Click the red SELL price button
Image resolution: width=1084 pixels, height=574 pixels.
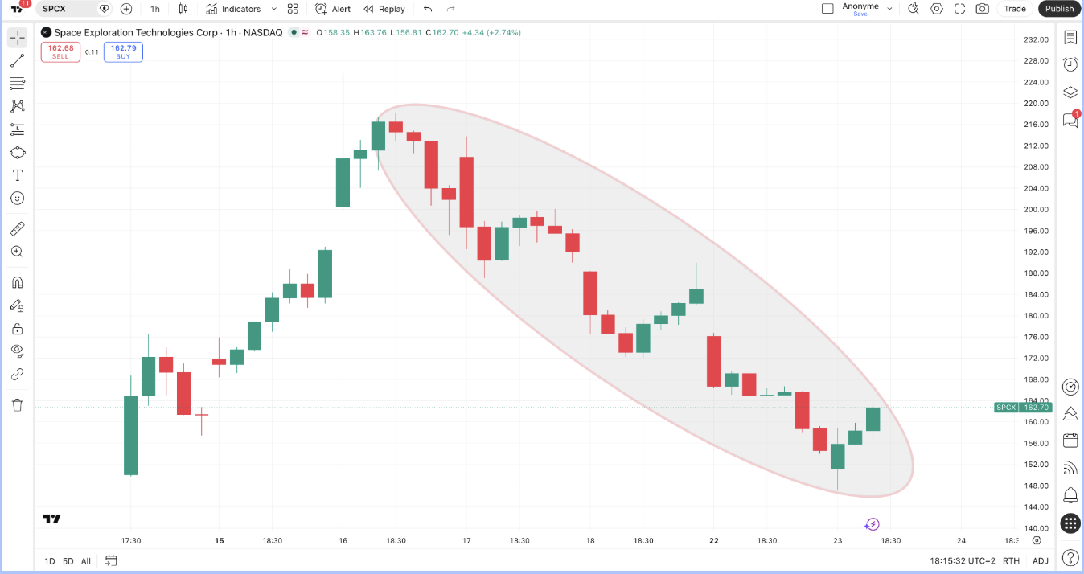[60, 51]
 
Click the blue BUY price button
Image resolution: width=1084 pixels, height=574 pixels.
[123, 51]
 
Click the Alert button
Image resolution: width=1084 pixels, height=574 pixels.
[332, 9]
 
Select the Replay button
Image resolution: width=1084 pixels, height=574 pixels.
[384, 9]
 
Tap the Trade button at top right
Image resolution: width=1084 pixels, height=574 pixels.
[1014, 9]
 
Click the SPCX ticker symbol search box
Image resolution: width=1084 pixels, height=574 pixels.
[68, 9]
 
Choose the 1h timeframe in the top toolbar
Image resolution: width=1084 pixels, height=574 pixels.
[155, 9]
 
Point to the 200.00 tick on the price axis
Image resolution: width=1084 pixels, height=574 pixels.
[1036, 210]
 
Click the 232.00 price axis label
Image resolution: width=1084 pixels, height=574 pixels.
[1036, 39]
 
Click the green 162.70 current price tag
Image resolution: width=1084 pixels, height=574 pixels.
[1023, 408]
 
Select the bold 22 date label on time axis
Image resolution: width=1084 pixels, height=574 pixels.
[714, 540]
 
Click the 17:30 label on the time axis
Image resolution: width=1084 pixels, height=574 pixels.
[130, 540]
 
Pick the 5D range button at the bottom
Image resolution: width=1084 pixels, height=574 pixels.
[68, 561]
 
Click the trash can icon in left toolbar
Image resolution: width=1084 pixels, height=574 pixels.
[18, 405]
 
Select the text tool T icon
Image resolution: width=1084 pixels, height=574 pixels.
[18, 175]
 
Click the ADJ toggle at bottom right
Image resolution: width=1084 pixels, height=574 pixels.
[1041, 561]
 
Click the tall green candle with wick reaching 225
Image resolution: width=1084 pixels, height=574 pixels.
[343, 183]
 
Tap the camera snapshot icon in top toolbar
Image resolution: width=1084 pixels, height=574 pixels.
[982, 9]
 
